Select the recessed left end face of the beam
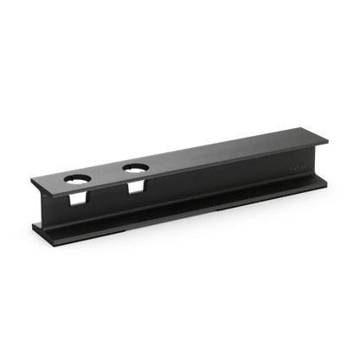point(48,211)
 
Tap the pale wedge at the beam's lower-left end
point(42,224)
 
